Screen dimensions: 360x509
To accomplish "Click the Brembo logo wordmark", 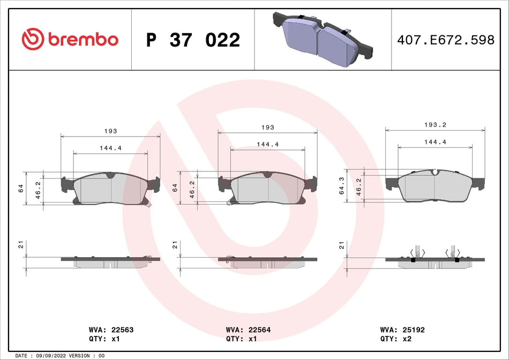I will tap(83, 39).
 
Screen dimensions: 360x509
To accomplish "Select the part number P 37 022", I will tap(193, 40).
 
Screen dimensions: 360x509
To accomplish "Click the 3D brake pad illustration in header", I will tap(322, 39).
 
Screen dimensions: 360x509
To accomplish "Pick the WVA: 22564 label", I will tap(249, 330).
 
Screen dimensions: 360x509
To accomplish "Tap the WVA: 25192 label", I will tap(402, 330).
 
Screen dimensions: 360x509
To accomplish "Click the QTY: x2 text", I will tap(397, 339).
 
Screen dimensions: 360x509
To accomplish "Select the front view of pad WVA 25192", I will tap(435, 185).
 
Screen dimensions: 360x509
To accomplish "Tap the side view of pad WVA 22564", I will tap(268, 260).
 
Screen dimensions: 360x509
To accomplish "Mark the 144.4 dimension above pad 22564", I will tap(267, 144).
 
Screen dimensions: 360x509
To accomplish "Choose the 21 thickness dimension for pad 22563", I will tap(19, 245).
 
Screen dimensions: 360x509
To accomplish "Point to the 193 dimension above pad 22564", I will tap(267, 127).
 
